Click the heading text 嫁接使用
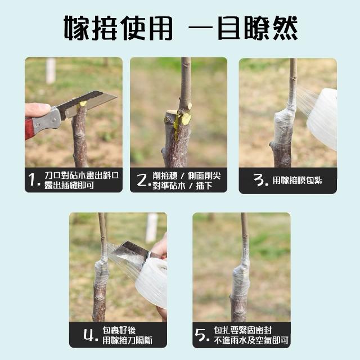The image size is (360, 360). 118,28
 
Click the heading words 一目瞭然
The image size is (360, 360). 243,28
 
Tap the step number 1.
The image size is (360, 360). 33,179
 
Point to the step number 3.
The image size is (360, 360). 260,180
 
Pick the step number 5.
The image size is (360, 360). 202,335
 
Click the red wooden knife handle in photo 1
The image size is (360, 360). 29,129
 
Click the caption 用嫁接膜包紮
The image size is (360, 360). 297,181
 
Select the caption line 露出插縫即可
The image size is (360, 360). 69,185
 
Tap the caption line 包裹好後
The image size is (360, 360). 119,330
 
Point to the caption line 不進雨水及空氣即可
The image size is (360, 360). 251,340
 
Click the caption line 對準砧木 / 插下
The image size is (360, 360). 182,186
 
